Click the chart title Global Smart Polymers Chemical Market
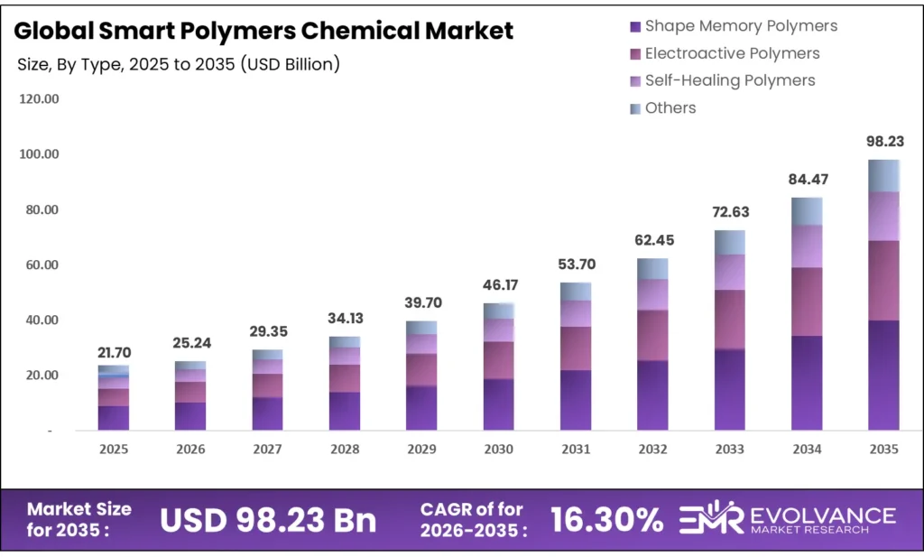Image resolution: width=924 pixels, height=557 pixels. click(264, 31)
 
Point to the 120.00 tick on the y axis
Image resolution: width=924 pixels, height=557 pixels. click(39, 98)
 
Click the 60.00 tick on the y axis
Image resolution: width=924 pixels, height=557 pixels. click(39, 265)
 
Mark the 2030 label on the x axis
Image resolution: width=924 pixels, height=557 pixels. click(498, 449)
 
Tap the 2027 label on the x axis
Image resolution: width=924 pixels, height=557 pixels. click(267, 449)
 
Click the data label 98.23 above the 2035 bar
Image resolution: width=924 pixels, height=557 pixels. click(883, 142)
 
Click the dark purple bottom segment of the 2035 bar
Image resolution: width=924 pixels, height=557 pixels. click(883, 375)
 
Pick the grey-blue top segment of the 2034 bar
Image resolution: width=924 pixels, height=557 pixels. click(807, 211)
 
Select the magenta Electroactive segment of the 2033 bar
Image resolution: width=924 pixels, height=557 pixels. click(730, 320)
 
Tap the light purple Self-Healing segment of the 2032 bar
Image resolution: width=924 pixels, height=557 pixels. click(652, 294)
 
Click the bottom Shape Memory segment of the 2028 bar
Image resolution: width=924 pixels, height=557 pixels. click(345, 411)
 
